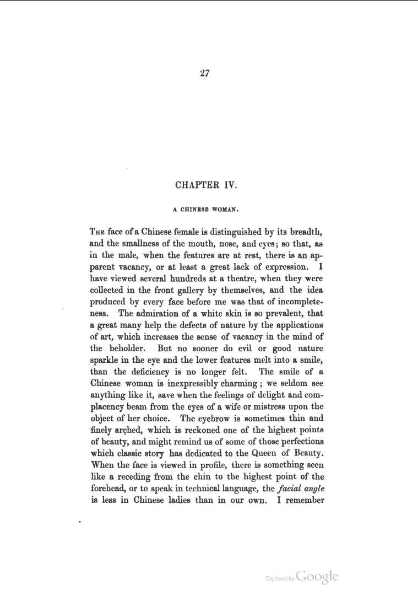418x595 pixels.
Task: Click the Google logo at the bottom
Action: pos(317,576)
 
